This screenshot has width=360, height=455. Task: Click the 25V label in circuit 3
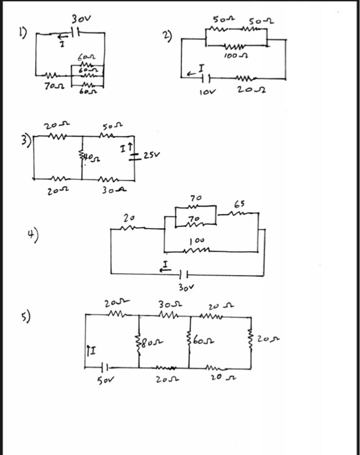[x=155, y=157]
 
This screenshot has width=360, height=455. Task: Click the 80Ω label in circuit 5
[x=151, y=341]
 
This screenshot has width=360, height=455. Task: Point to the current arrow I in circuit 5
[x=90, y=353]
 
